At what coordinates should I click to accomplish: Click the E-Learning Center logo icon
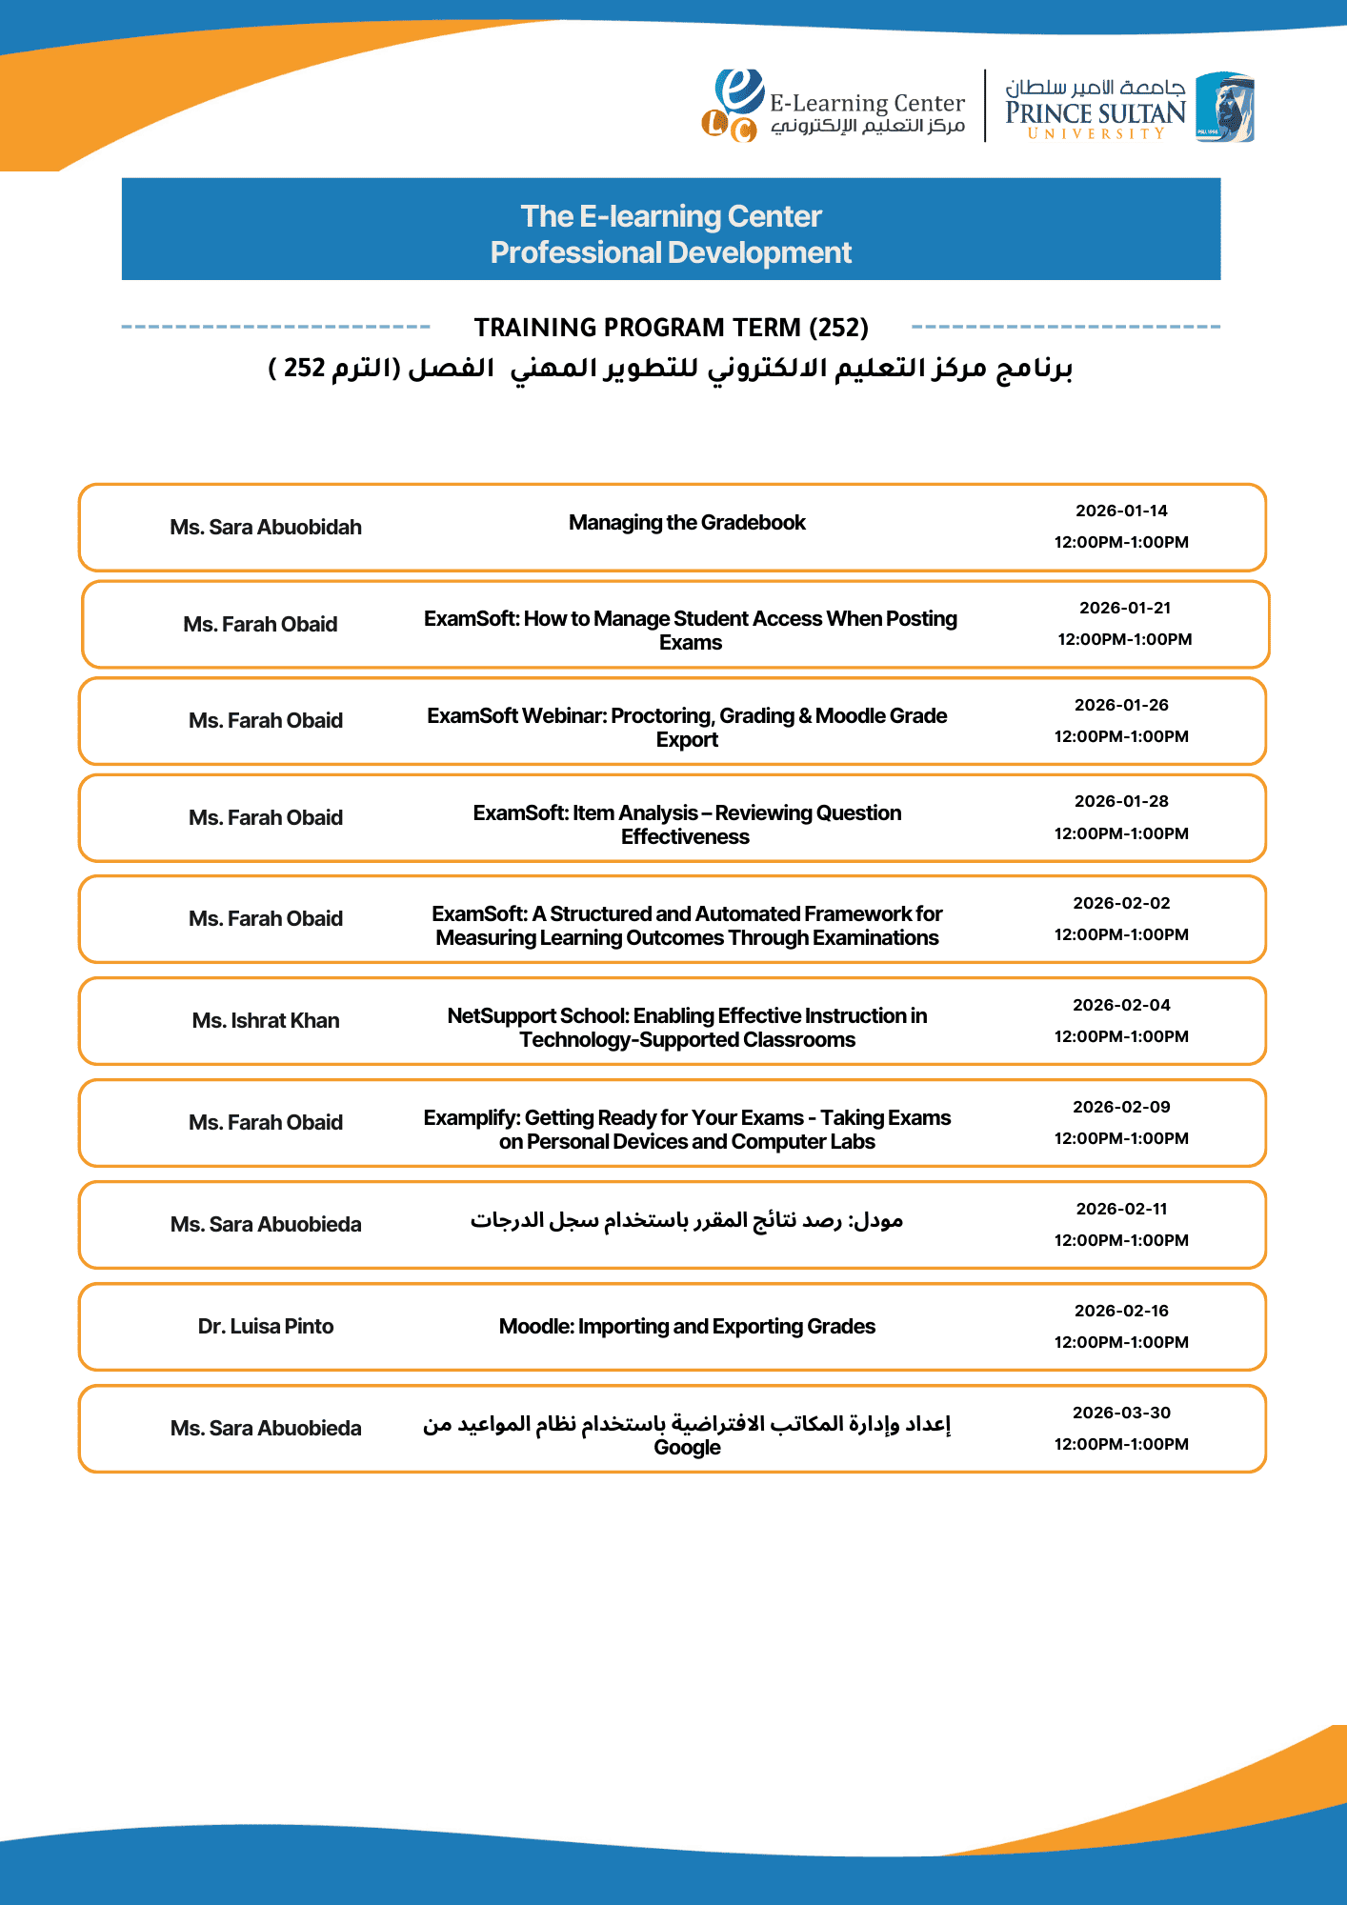tap(733, 106)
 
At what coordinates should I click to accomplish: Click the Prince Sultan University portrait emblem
tap(1225, 107)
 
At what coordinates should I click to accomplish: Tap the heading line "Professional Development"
tap(671, 252)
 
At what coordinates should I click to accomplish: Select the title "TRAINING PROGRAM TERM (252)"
tap(671, 328)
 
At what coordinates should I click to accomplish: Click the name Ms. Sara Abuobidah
tap(266, 528)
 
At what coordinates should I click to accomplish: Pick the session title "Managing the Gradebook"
tap(687, 523)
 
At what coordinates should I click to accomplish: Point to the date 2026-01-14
tap(1121, 511)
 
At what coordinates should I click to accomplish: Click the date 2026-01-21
tap(1125, 609)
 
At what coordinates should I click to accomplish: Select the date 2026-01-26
tap(1121, 706)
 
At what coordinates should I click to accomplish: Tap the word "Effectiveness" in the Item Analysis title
tap(685, 837)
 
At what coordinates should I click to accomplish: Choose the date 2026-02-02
tap(1121, 904)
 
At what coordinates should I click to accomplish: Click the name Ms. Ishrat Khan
tap(266, 1021)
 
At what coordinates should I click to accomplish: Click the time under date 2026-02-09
tap(1121, 1139)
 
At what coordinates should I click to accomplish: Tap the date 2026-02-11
tap(1121, 1210)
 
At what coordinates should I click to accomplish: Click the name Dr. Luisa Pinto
tap(266, 1327)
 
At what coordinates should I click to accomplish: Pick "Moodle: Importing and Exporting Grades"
tap(687, 1327)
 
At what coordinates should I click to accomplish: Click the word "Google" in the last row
tap(687, 1448)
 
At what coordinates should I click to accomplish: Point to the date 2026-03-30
tap(1121, 1414)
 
